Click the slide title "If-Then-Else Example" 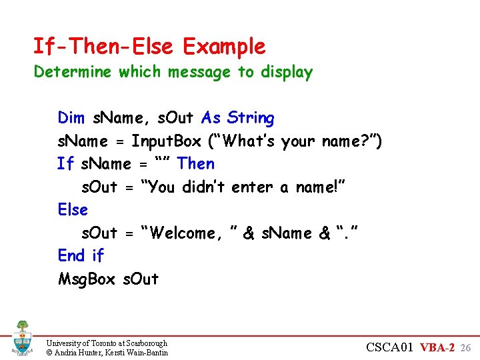(x=149, y=47)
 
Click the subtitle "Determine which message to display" (x=173, y=72)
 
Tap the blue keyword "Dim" (x=71, y=119)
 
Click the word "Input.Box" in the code (x=166, y=141)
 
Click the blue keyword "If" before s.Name (x=65, y=164)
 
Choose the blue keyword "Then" (x=196, y=164)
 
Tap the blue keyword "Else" (x=73, y=210)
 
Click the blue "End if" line (x=81, y=256)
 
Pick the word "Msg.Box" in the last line (x=87, y=279)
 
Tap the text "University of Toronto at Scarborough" (x=107, y=343)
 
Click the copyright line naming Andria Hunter (x=107, y=352)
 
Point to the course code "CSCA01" (x=390, y=347)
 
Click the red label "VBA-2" (x=437, y=347)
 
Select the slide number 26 (x=466, y=348)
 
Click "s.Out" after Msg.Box (x=141, y=279)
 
